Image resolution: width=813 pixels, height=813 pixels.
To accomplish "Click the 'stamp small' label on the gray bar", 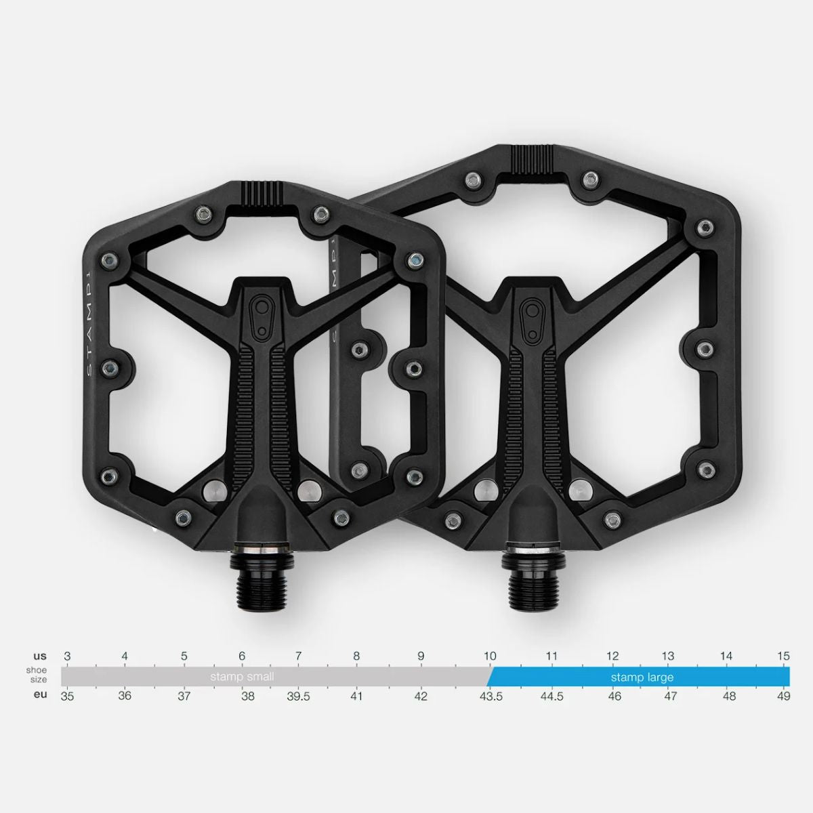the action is click(x=242, y=677).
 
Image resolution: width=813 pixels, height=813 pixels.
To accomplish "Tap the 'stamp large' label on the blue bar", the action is click(x=642, y=677).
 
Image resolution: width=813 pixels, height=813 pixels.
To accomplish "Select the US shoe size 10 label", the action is click(x=490, y=656).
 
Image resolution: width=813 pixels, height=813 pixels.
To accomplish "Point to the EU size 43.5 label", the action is click(x=491, y=696).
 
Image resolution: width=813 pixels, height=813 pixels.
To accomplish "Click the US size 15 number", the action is click(x=783, y=656).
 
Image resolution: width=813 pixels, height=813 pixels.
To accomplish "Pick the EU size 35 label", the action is click(x=67, y=696).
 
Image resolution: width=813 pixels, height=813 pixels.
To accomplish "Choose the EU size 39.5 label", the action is click(x=298, y=696).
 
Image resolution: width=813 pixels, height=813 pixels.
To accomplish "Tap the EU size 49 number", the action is click(x=783, y=696).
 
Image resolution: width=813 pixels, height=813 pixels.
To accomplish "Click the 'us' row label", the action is click(x=40, y=656).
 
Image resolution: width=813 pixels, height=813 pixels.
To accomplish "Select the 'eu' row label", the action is click(x=40, y=694).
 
